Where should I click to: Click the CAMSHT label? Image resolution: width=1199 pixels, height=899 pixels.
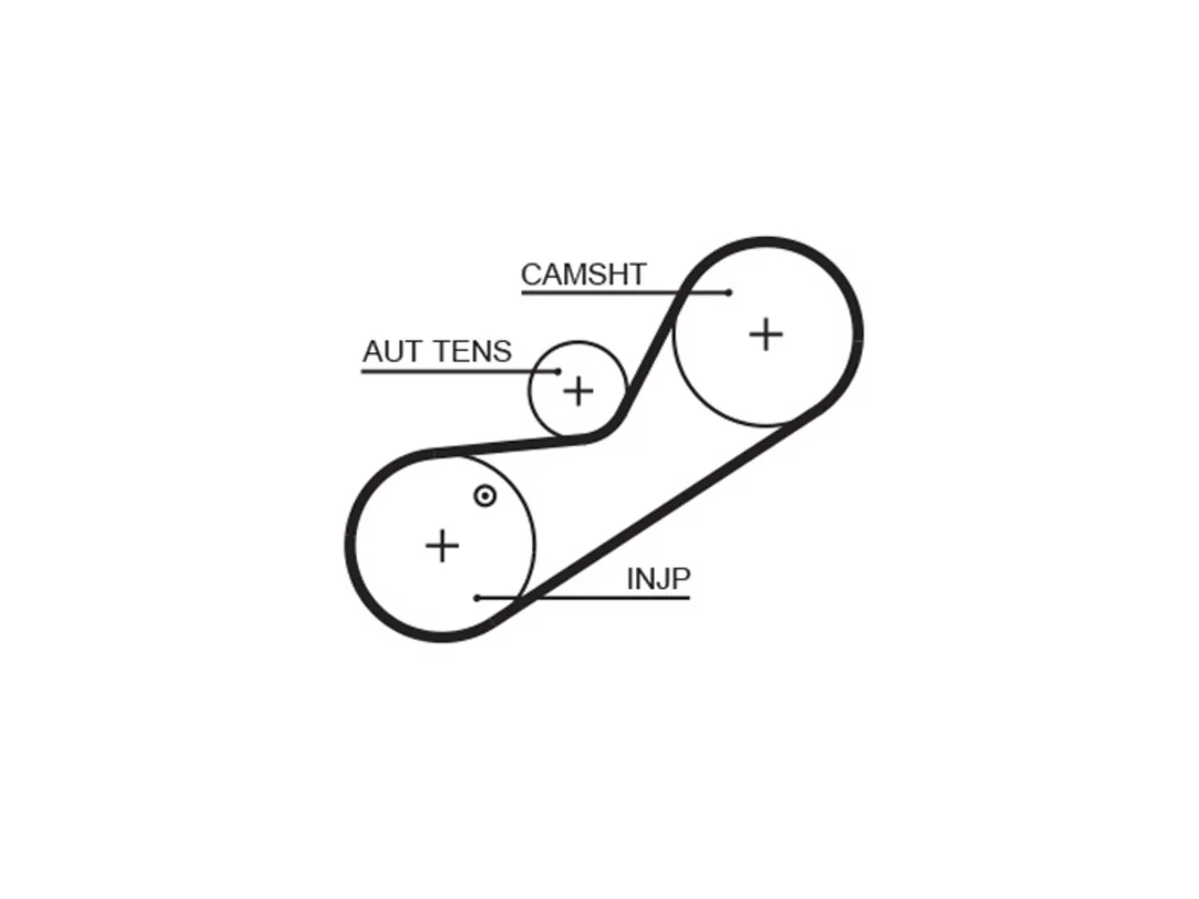click(x=584, y=274)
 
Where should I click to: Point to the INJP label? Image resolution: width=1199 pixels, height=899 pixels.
click(x=659, y=579)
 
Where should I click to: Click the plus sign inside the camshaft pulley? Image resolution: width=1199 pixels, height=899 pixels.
click(x=765, y=334)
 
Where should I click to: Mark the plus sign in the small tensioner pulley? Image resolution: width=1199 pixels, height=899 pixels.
click(x=578, y=391)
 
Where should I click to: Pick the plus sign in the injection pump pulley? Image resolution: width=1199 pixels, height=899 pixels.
click(x=442, y=545)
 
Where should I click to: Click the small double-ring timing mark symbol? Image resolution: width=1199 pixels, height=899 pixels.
click(x=485, y=496)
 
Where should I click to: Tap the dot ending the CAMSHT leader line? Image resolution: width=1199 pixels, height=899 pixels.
click(x=728, y=292)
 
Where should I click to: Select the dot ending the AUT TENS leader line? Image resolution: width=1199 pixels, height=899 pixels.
click(x=557, y=372)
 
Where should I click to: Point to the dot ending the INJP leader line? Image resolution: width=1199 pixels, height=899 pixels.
click(x=477, y=598)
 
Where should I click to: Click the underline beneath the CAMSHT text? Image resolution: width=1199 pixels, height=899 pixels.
click(x=625, y=293)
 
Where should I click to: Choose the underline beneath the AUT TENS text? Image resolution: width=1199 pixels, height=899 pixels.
click(x=459, y=372)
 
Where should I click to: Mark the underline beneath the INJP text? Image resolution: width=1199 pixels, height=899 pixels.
click(x=584, y=598)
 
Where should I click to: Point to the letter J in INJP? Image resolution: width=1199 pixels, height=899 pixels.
click(x=662, y=579)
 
